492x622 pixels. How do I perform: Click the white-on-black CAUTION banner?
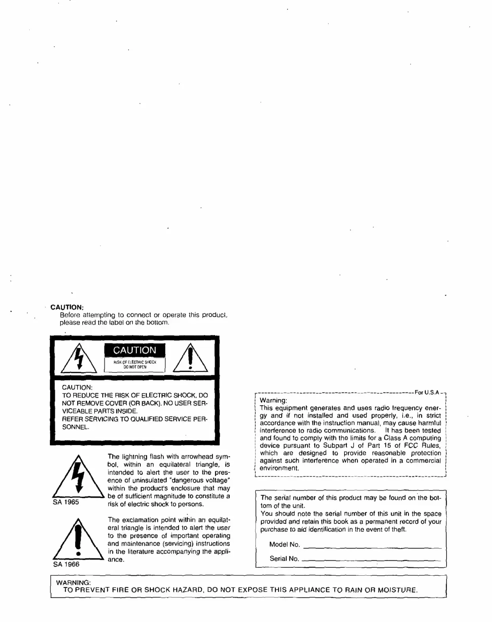click(x=134, y=350)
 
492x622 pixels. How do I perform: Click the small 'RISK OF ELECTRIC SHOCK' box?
click(x=134, y=364)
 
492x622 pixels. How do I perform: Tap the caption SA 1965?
click(x=66, y=502)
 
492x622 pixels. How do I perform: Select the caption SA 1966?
click(x=66, y=565)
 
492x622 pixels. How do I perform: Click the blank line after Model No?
click(x=372, y=547)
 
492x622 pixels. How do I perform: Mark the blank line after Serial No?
click(x=372, y=560)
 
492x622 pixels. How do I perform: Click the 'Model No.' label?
click(x=284, y=544)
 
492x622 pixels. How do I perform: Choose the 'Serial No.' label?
click(x=284, y=559)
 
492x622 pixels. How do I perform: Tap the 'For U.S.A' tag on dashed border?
click(x=427, y=393)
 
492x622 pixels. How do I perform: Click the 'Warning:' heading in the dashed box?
click(x=273, y=400)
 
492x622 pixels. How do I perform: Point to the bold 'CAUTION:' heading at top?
click(x=67, y=307)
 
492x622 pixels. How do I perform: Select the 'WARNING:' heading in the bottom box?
click(x=74, y=583)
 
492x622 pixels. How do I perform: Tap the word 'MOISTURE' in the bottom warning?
click(x=397, y=590)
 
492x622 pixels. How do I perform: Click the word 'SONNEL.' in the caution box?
click(x=76, y=427)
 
